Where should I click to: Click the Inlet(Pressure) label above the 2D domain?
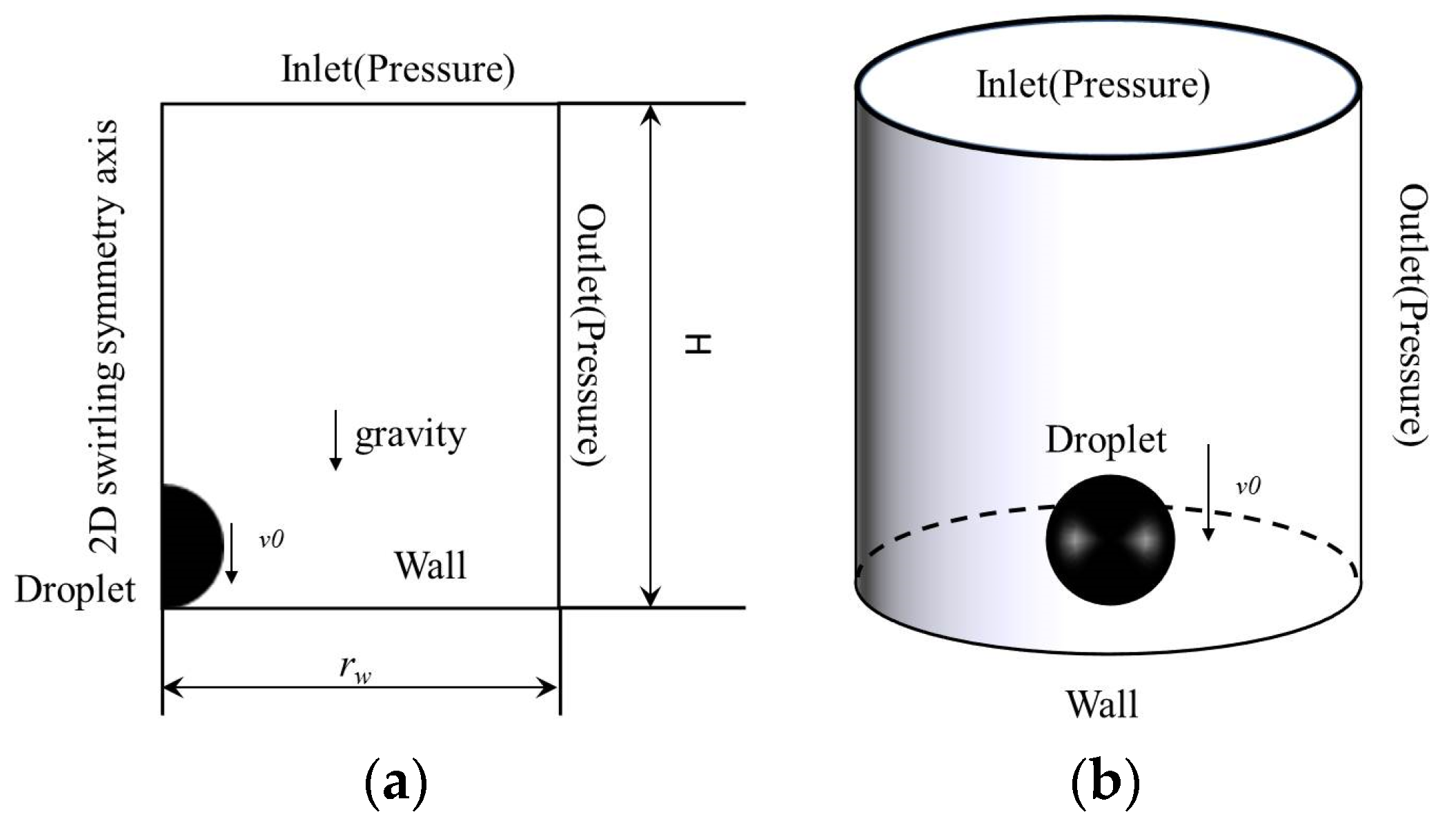pos(397,69)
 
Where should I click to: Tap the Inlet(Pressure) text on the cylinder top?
pos(1092,85)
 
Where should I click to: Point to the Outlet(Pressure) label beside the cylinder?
pos(1412,315)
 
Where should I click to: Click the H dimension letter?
pos(697,343)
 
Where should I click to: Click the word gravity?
pos(411,436)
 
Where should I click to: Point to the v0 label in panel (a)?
pos(271,539)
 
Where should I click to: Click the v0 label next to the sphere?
pos(1248,486)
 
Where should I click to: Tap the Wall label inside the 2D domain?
pos(430,565)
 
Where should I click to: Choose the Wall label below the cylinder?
pos(1101,705)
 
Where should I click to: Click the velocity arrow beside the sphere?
pos(1208,492)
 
